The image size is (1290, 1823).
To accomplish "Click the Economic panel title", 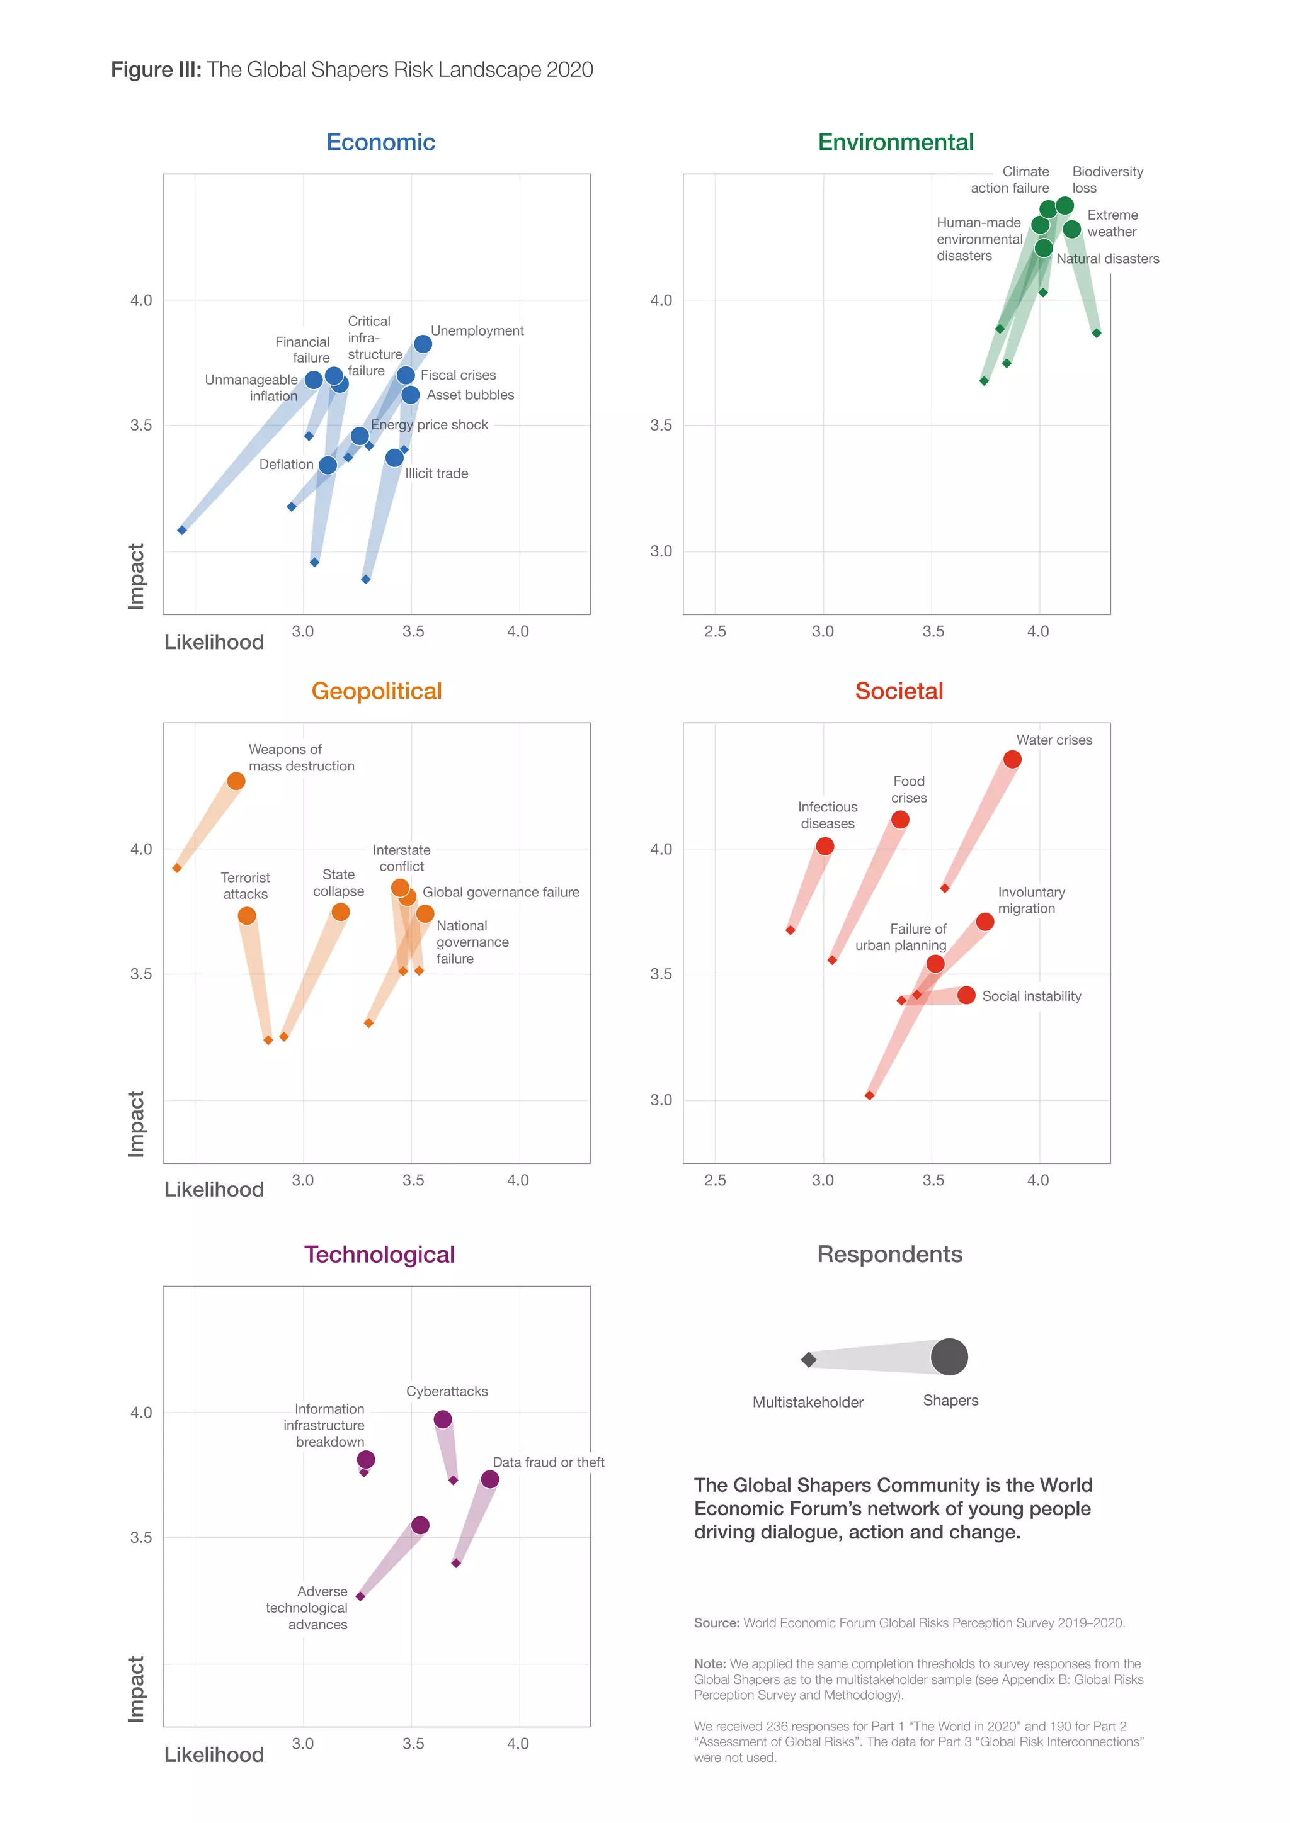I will (380, 142).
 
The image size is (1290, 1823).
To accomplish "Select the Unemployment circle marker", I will (423, 344).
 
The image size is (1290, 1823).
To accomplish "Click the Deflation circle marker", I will (328, 465).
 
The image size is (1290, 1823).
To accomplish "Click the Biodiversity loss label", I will (1107, 179).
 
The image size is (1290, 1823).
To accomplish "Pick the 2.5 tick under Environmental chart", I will (715, 631).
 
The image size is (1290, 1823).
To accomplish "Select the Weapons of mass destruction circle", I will (236, 781).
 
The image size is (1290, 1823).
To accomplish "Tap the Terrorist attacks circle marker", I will (247, 915).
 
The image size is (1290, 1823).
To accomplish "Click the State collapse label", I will (338, 883).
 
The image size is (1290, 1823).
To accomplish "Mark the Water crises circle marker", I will (1012, 760).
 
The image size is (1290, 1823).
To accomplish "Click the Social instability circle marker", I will (966, 995).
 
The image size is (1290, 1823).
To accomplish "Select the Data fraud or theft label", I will (548, 1462).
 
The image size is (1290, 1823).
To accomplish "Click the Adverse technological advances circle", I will (420, 1525).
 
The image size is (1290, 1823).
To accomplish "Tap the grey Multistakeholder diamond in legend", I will (809, 1359).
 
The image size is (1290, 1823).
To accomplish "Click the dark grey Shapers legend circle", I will (949, 1356).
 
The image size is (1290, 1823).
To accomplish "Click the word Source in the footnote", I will (716, 1623).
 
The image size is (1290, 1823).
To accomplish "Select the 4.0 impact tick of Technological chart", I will (140, 1413).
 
